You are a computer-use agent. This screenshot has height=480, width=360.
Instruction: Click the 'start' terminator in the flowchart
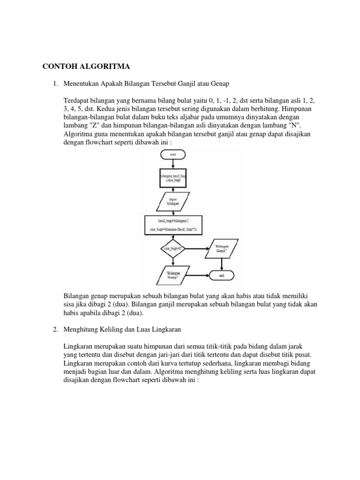[x=173, y=154]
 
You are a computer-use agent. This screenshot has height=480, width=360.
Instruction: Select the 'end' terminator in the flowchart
[x=222, y=276]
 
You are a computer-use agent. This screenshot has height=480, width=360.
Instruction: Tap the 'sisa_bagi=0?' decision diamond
[x=173, y=248]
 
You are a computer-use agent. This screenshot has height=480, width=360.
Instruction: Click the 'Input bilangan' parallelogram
[x=173, y=201]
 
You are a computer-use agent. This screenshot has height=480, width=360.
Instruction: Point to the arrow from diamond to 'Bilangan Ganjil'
[x=197, y=248]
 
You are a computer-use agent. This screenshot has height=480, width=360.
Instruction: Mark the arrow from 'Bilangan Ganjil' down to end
[x=222, y=262]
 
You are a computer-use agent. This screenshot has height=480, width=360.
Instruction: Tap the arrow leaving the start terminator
[x=173, y=163]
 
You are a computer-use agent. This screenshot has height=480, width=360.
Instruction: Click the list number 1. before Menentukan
[x=55, y=84]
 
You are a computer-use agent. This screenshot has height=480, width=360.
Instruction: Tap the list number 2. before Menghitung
[x=55, y=330]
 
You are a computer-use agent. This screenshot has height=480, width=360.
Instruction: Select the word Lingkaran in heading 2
[x=165, y=330]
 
